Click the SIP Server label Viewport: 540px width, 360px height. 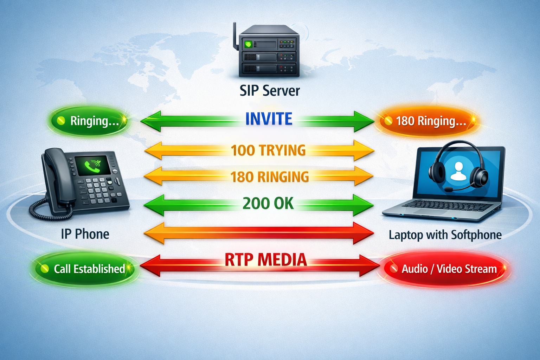(270, 91)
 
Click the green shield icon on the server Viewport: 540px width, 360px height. (249, 44)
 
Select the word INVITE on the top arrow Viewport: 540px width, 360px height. (269, 119)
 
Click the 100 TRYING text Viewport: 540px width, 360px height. (268, 150)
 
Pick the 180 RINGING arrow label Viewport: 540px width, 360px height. (269, 177)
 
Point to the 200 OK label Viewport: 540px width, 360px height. (268, 204)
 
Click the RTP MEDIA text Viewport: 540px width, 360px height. (266, 260)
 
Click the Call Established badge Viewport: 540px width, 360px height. (84, 269)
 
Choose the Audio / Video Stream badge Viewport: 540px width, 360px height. (445, 269)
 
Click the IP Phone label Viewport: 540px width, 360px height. (85, 234)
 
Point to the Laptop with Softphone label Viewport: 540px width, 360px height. (445, 235)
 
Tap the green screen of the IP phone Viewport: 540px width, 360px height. (92, 166)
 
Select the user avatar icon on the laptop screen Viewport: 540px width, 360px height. (458, 172)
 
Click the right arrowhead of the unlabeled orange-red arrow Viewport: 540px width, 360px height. (364, 233)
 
